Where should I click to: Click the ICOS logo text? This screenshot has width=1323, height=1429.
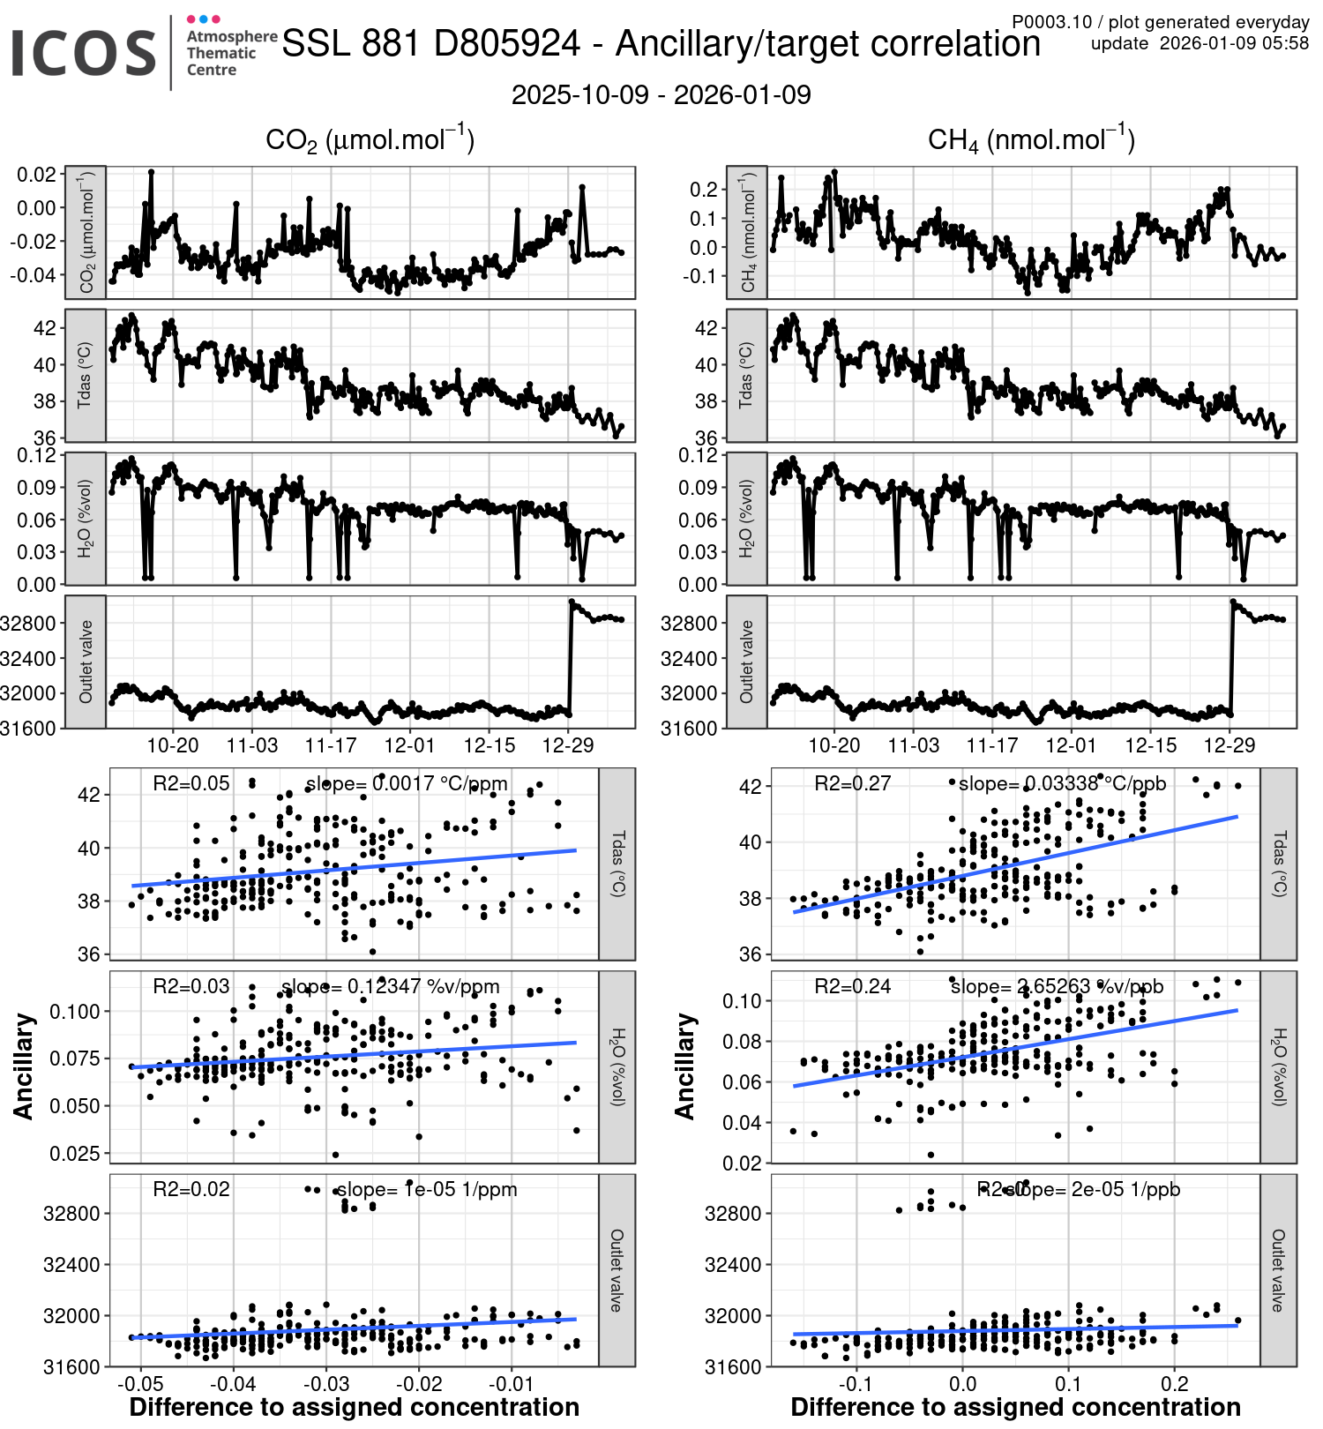[x=84, y=53]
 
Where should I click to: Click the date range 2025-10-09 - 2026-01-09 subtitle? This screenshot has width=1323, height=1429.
[x=661, y=95]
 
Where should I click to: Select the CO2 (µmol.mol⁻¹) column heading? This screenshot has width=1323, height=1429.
[x=370, y=140]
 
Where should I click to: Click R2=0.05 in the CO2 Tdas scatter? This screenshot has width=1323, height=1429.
[x=191, y=783]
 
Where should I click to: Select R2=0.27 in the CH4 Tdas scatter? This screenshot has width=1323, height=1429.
[x=852, y=783]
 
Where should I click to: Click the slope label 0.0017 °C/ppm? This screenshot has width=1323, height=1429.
[x=407, y=783]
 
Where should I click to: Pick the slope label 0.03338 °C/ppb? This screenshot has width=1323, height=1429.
[x=1062, y=783]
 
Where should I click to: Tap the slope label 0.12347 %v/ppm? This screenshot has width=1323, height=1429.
[x=390, y=986]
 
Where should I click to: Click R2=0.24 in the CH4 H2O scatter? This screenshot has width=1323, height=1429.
[x=852, y=986]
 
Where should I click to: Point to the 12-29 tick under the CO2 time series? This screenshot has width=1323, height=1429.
[x=568, y=745]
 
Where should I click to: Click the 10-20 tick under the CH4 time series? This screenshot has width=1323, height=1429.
[x=833, y=745]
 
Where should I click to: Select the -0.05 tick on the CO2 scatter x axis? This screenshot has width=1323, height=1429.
[x=140, y=1383]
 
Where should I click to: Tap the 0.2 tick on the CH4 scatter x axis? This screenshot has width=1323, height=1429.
[x=1175, y=1383]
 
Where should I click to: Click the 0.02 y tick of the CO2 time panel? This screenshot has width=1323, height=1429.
[x=37, y=174]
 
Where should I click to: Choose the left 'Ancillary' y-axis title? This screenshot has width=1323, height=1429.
[x=24, y=1066]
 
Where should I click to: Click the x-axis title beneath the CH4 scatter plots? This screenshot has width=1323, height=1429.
[x=1015, y=1407]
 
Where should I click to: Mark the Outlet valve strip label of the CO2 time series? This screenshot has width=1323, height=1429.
[x=86, y=662]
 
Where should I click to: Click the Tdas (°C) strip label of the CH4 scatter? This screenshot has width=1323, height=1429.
[x=1278, y=864]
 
